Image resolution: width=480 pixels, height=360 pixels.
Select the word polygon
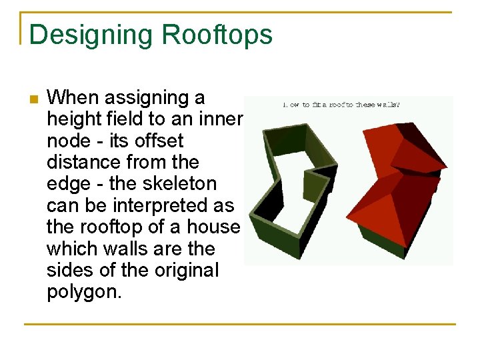coord(83,292)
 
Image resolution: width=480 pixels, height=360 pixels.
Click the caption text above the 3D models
coord(341,104)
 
